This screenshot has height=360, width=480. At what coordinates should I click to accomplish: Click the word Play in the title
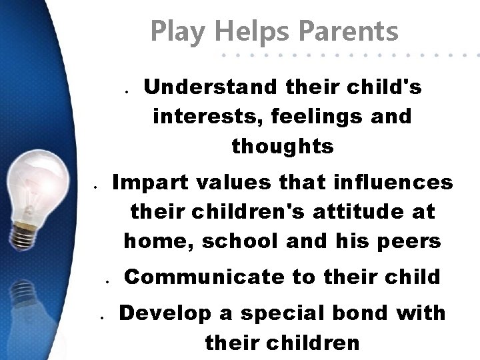point(175,31)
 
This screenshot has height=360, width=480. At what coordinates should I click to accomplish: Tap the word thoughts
point(283,146)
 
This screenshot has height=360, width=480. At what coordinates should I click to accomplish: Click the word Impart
point(146,182)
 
